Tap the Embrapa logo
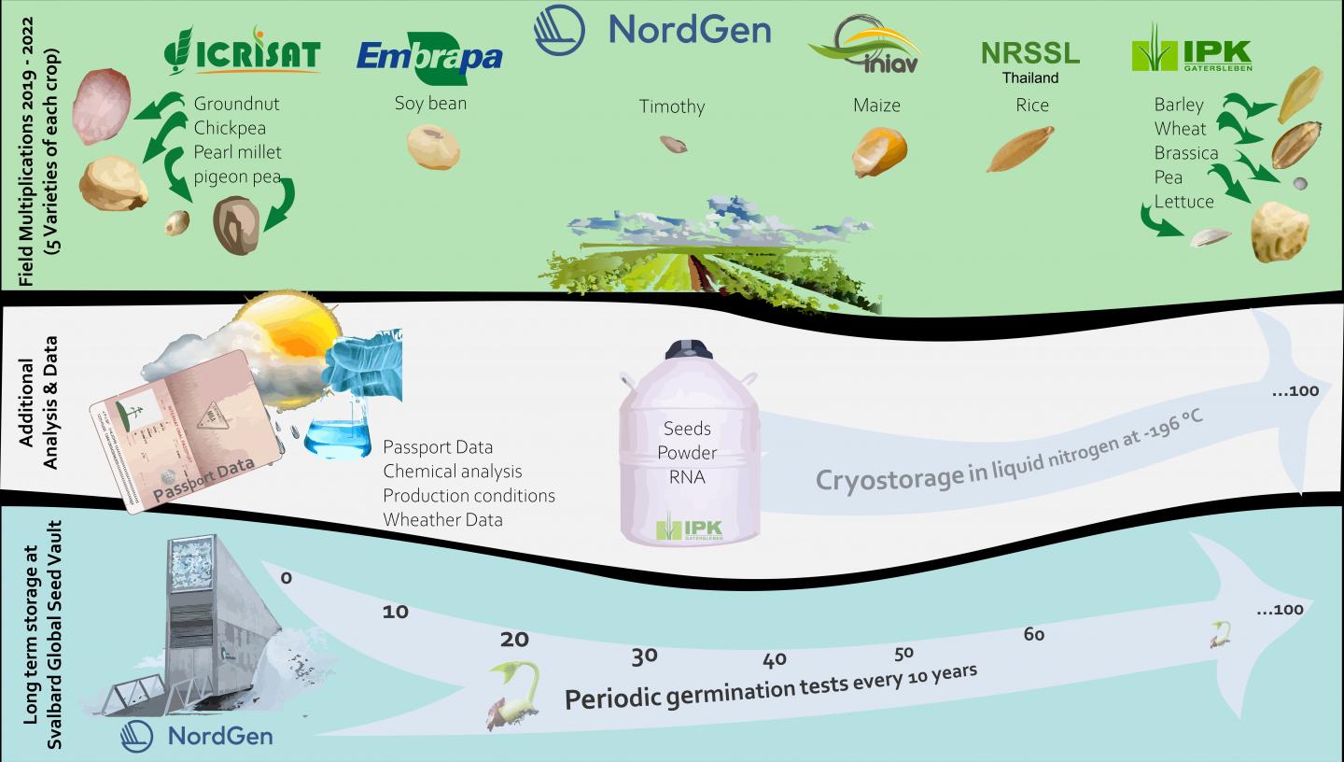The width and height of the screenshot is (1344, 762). [x=429, y=57]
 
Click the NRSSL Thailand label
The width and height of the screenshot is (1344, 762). [x=1030, y=60]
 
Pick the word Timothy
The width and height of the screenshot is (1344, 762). [x=671, y=106]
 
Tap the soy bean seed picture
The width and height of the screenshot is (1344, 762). [x=433, y=147]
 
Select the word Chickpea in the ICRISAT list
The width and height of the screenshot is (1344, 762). [x=230, y=128]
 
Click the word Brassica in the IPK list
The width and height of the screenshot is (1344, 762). [x=1185, y=153]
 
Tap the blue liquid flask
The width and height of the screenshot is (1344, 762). [x=338, y=434]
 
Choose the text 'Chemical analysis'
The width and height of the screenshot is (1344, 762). [x=453, y=472]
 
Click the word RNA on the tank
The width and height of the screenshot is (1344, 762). [x=687, y=477]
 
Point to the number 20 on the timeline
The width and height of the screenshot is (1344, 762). [x=514, y=640]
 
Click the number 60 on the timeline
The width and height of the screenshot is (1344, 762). [x=1033, y=635]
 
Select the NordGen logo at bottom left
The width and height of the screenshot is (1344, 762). [x=197, y=736]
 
